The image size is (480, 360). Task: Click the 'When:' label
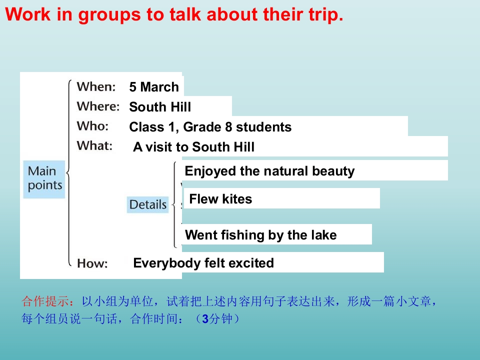pyautogui.click(x=96, y=86)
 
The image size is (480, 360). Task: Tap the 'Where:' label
pyautogui.click(x=98, y=106)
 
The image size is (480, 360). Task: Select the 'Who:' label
pyautogui.click(x=93, y=126)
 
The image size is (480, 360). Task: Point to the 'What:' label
pyautogui.click(x=94, y=145)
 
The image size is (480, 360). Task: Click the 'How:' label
pyautogui.click(x=92, y=263)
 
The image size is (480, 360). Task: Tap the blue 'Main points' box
pyautogui.click(x=44, y=179)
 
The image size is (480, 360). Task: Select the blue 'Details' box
pyautogui.click(x=148, y=204)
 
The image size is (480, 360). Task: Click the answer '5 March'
pyautogui.click(x=154, y=87)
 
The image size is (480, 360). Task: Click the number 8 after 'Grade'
pyautogui.click(x=228, y=127)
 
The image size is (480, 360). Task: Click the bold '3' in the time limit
pyautogui.click(x=205, y=319)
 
